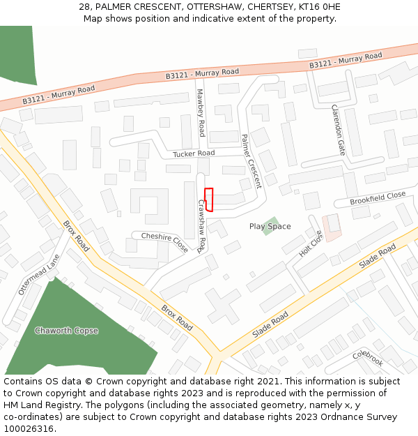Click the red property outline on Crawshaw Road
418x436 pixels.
point(208,199)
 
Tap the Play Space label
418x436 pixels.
point(270,227)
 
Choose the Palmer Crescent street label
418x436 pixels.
point(251,161)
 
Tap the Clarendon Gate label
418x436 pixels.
point(338,130)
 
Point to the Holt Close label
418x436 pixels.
point(311,243)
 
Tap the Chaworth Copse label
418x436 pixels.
point(66,331)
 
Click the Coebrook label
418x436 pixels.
point(368,359)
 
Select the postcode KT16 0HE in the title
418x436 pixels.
point(317,7)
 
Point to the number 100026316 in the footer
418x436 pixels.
point(29,428)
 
